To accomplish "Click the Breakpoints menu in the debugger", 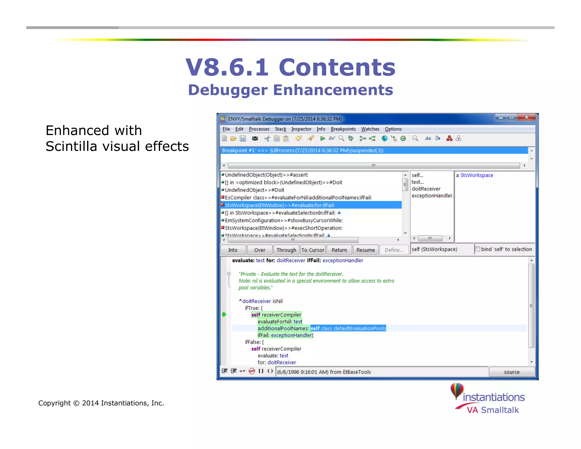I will [343, 129].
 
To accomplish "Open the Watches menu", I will [370, 129].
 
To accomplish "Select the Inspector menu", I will [301, 129].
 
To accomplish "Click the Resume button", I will [365, 250].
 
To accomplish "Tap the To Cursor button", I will [313, 250].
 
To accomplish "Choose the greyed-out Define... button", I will [394, 250].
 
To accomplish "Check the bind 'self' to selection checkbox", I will [478, 249].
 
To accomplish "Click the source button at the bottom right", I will [511, 372].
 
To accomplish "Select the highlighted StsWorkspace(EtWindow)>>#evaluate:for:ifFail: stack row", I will [280, 205].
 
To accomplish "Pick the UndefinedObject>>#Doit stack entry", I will [254, 190].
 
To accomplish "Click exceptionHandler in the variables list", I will [432, 196].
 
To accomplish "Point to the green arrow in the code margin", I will [224, 314].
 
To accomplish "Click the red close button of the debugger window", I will [527, 117].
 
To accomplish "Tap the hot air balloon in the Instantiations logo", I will [457, 390].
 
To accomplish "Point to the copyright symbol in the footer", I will [76, 403].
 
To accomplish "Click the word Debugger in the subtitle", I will [228, 90].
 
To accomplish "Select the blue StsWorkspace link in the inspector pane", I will [477, 175].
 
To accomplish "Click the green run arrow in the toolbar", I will [323, 139].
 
